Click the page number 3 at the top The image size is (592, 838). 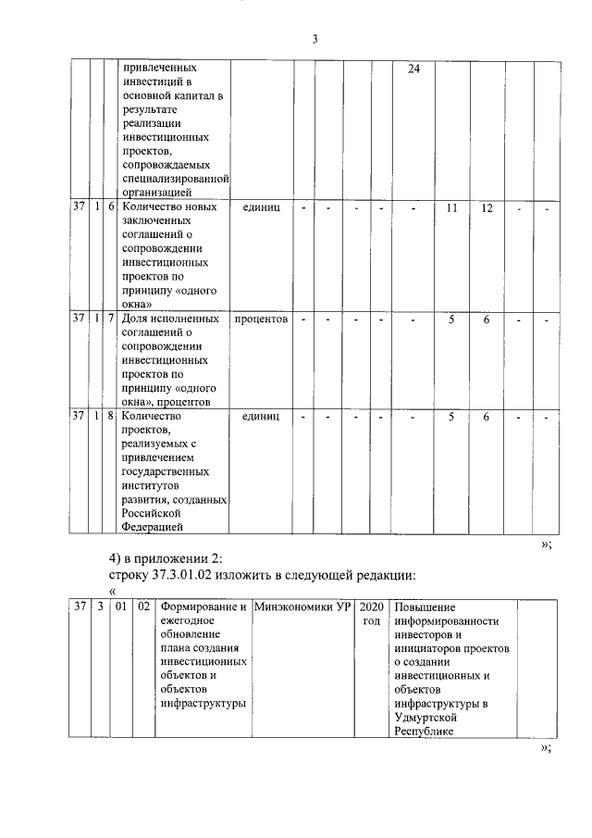point(314,39)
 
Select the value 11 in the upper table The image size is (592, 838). point(452,208)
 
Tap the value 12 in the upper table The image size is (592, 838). point(487,208)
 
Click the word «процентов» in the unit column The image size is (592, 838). point(261,319)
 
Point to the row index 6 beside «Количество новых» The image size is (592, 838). point(110,208)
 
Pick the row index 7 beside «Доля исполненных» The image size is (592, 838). point(110,319)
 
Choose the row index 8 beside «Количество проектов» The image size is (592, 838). point(110,417)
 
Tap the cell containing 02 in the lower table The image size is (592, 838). point(143,607)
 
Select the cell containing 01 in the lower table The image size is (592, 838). point(120,607)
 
